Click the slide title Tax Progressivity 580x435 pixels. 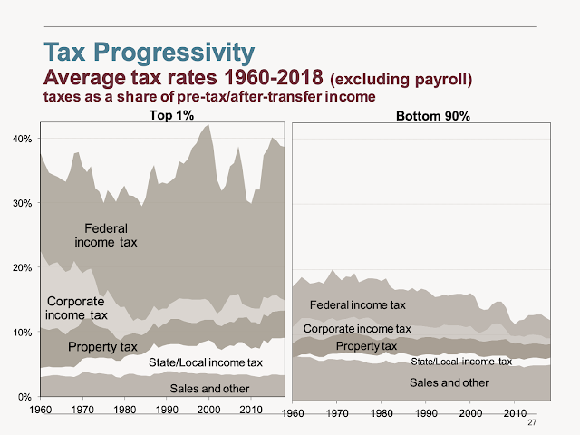pos(149,52)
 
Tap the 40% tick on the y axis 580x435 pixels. pos(22,139)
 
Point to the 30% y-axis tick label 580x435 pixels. pos(22,203)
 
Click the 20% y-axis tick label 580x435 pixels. pos(22,268)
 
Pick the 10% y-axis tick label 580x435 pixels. pos(22,333)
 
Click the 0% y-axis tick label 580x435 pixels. pos(24,397)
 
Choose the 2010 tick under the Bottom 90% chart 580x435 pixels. pos(514,413)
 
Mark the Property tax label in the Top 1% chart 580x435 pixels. pos(103,346)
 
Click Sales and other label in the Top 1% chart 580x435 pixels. pos(210,388)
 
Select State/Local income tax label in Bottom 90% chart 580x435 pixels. pos(461,362)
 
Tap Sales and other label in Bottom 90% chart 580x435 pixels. pos(449,382)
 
